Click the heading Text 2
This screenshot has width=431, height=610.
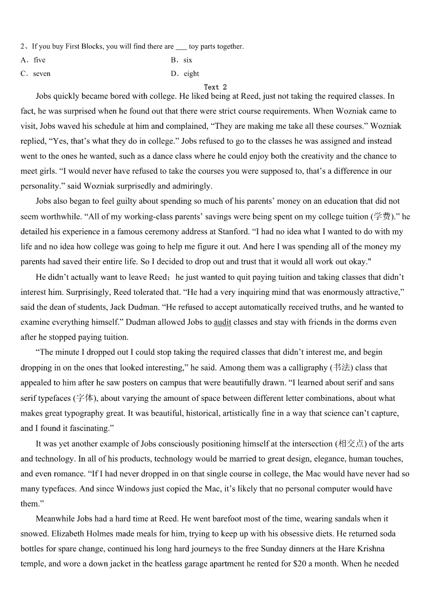pyautogui.click(x=215, y=87)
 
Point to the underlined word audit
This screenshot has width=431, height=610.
pyautogui.click(x=223, y=322)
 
